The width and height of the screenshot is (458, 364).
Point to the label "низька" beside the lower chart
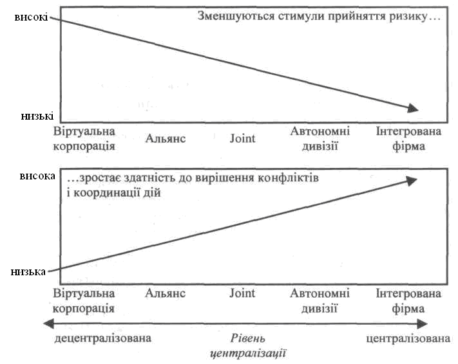click(28, 271)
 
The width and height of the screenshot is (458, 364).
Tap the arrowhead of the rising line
click(414, 181)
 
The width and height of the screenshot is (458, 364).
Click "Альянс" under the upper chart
click(166, 138)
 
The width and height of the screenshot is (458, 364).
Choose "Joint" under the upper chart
click(242, 138)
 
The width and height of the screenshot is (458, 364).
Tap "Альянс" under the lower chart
click(166, 293)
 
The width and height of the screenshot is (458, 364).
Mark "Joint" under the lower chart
click(242, 293)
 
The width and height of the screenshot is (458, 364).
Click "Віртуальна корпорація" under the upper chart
click(85, 138)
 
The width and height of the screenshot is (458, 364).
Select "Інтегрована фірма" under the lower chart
click(408, 300)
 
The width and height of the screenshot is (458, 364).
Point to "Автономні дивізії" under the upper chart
click(320, 138)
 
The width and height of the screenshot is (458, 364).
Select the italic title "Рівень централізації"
click(248, 345)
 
